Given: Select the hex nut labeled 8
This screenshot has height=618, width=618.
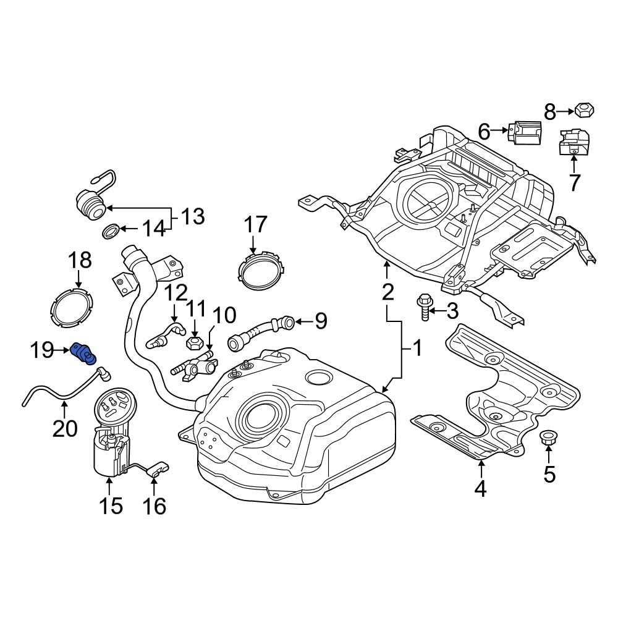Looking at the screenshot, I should click(584, 112).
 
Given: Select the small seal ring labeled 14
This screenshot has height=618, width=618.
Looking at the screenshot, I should click(111, 232).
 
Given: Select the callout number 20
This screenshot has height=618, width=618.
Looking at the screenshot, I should click(65, 428).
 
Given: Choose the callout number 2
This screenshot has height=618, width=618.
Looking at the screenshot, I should click(387, 292).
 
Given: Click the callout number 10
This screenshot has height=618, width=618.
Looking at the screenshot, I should click(224, 315).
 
